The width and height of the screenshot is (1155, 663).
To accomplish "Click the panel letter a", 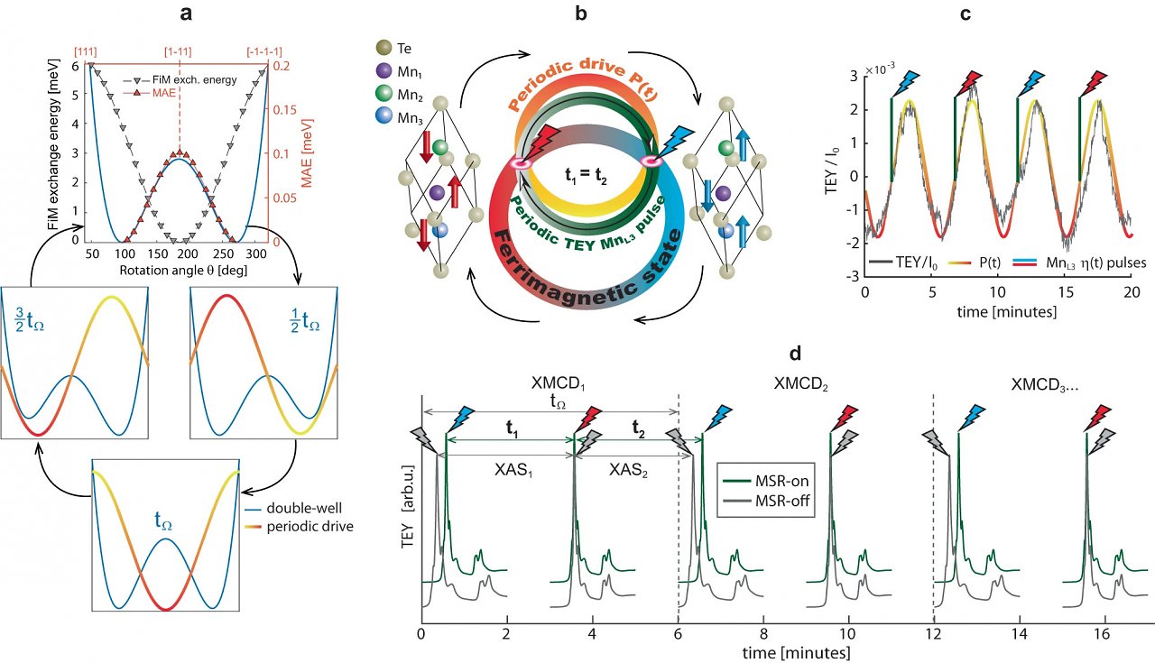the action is pyautogui.click(x=186, y=14).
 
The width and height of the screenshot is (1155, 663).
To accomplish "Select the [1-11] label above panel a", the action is pyautogui.click(x=178, y=52).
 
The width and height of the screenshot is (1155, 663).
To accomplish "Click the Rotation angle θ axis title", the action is pyautogui.click(x=183, y=270).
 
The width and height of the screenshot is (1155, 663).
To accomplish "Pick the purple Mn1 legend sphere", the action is pyautogui.click(x=384, y=70).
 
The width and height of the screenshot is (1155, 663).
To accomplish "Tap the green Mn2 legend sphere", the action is pyautogui.click(x=384, y=95).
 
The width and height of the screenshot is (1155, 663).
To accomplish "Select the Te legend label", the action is pyautogui.click(x=404, y=49).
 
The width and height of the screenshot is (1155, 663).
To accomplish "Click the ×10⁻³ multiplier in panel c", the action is pyautogui.click(x=880, y=68).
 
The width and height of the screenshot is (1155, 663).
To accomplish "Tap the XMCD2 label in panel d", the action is pyautogui.click(x=800, y=384).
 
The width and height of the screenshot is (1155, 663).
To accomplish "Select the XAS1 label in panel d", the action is pyautogui.click(x=513, y=470).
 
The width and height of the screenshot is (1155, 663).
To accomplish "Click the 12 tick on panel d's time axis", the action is pyautogui.click(x=934, y=633).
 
